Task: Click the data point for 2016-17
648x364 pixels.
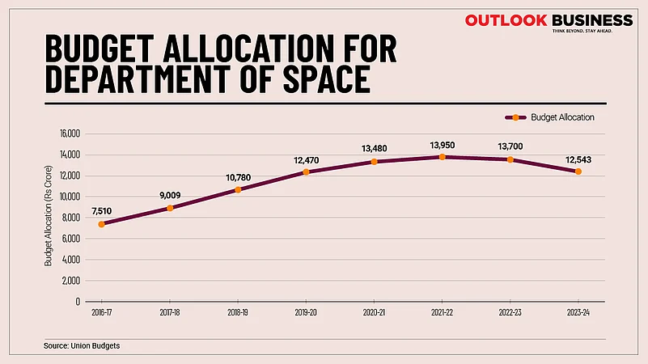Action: [101, 224]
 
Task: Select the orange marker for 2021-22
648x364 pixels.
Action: [442, 157]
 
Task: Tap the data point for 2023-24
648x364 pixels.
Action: [578, 171]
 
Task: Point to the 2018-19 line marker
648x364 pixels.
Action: [238, 190]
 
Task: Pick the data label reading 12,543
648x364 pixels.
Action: [578, 159]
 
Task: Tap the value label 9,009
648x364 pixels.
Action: [170, 194]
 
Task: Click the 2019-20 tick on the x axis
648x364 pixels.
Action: [306, 311]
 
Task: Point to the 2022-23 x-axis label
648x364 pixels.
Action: [510, 311]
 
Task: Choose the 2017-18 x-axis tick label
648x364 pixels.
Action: [170, 311]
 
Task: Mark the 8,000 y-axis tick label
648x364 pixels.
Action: [70, 218]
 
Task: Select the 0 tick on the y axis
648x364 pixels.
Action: [77, 301]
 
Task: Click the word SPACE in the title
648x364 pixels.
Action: [312, 79]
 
